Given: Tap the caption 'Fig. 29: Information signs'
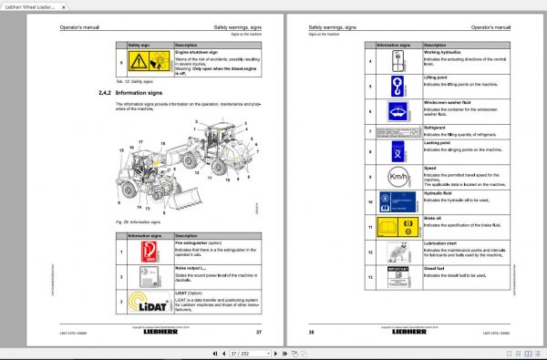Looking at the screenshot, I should [137, 221].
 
